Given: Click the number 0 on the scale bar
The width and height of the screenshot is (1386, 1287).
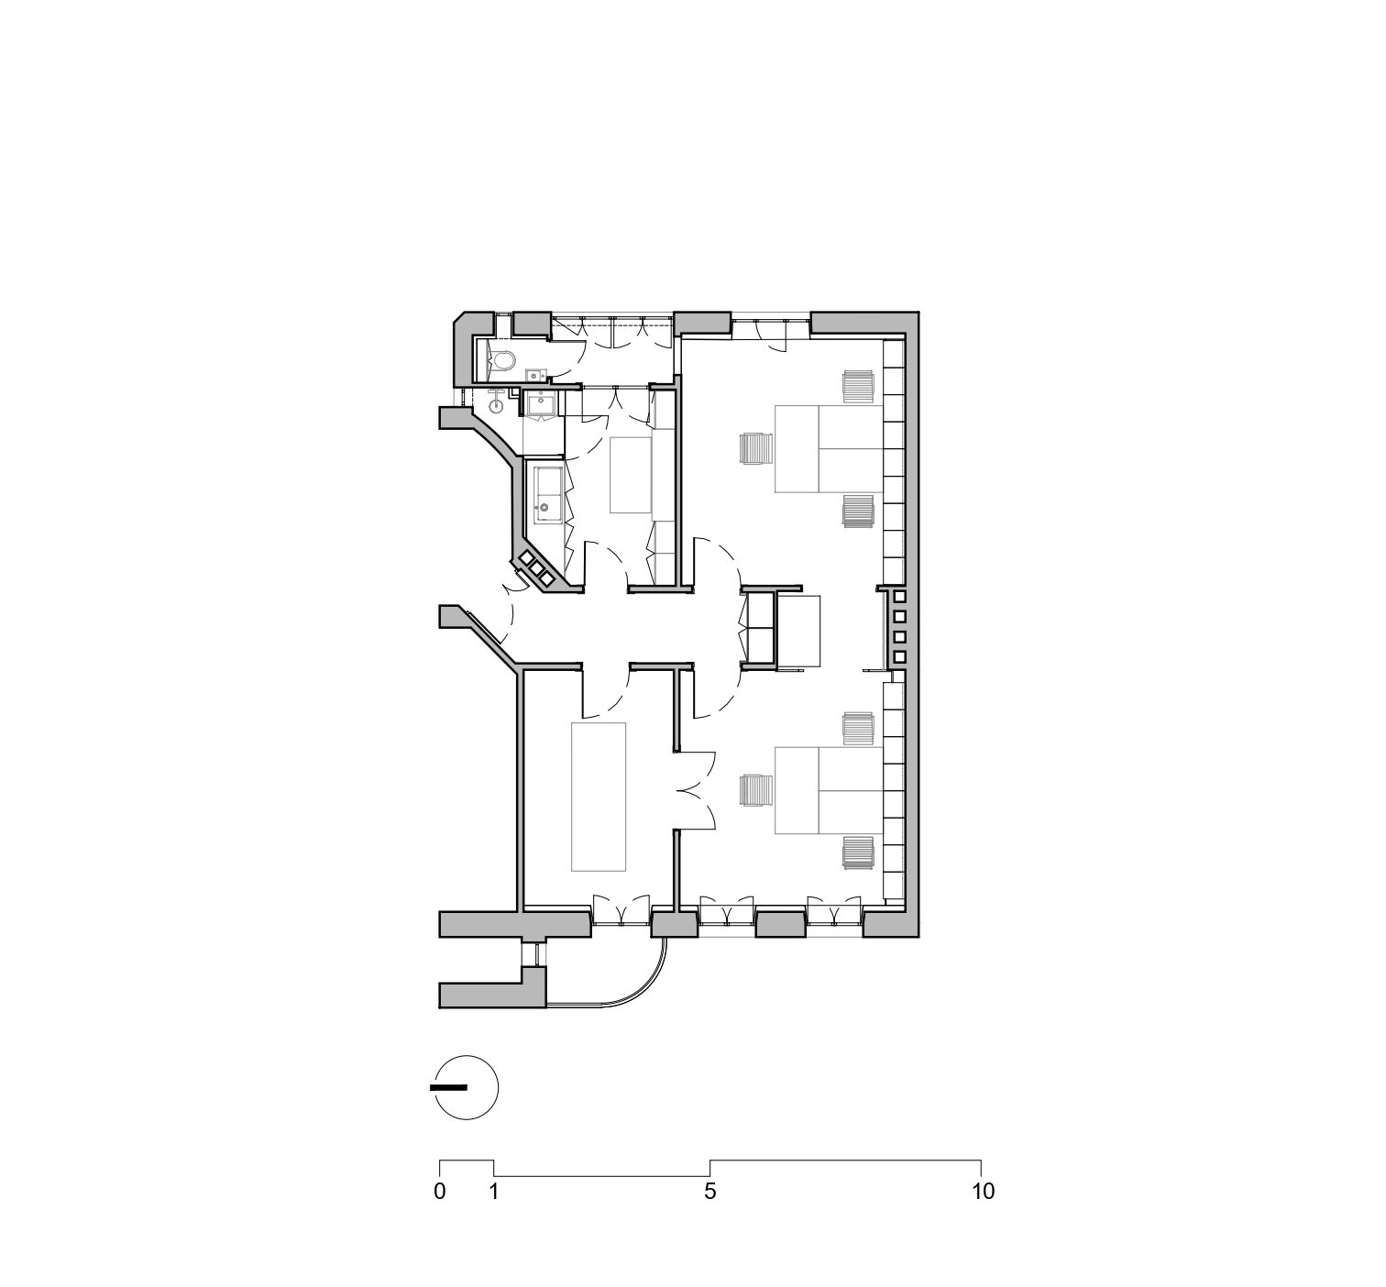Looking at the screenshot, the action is click(x=440, y=1192).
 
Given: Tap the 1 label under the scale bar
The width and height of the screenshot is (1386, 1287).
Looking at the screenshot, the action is click(x=493, y=1192).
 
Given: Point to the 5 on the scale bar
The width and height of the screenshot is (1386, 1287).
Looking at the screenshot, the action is click(x=709, y=1192).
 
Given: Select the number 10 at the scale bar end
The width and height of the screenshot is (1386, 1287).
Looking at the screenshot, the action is click(x=984, y=1192).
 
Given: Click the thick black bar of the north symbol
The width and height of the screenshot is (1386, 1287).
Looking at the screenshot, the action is click(x=448, y=1087).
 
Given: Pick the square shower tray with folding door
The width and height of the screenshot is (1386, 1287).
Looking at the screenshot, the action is click(x=541, y=405).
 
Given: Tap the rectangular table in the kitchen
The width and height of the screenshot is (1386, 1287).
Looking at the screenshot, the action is click(x=631, y=476).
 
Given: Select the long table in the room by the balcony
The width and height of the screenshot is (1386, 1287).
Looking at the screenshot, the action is click(x=599, y=797).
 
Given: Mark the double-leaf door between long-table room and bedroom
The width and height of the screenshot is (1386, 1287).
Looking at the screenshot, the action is click(x=697, y=790).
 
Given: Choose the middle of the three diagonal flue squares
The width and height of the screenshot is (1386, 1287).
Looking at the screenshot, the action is click(x=536, y=568).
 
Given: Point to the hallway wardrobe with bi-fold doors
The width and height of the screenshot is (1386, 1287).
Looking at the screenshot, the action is click(x=759, y=628).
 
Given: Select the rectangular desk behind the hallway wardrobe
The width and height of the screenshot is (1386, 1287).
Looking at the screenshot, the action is click(x=797, y=631).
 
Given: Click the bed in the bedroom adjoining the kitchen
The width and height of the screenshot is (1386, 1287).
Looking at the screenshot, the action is click(x=829, y=449).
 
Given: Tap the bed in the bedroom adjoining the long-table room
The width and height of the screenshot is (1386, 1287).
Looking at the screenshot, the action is click(x=829, y=790).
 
